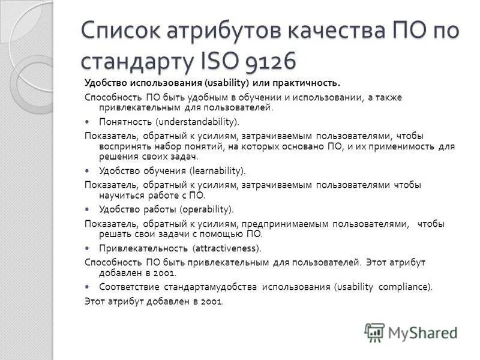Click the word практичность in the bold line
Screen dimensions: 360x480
pos(305,82)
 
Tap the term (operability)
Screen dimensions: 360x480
pos(205,209)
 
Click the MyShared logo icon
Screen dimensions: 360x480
pos(374,332)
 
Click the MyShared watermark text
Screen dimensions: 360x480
pos(422,332)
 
